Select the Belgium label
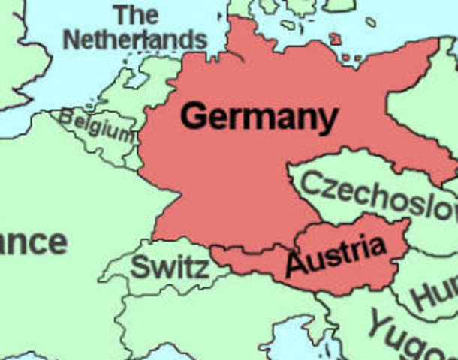97,125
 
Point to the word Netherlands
134,39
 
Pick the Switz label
170,267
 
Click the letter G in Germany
196,116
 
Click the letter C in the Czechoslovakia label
315,181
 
